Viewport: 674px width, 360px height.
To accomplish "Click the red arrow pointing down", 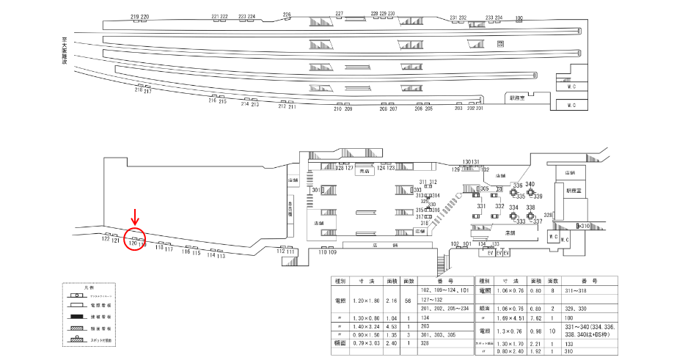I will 134,218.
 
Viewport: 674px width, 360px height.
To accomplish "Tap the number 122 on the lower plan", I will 106,239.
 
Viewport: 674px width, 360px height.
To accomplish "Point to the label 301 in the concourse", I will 316,191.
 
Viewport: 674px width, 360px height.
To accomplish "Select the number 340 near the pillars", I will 530,184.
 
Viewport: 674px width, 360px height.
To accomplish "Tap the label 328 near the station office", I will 548,215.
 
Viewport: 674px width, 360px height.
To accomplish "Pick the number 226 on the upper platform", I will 287,15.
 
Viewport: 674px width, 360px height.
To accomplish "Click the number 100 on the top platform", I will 519,18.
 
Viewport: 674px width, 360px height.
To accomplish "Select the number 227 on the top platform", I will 339,14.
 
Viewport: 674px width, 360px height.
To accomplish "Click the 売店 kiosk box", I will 364,172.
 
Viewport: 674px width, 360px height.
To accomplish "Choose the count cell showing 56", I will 409,300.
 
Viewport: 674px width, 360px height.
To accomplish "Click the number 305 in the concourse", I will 484,189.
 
